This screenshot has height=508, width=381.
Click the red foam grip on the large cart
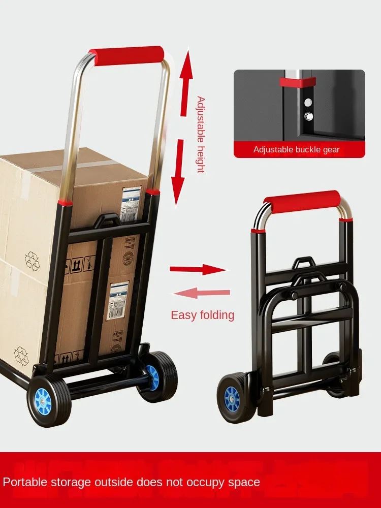(x=126, y=54)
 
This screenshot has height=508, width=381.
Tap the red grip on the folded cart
(x=302, y=201)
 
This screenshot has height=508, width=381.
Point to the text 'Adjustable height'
(x=201, y=134)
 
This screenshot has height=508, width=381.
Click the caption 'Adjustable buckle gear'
(x=296, y=149)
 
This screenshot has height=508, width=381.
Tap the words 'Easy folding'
(x=202, y=315)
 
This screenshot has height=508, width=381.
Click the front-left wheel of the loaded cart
(x=49, y=401)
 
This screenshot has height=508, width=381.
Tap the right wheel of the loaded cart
(x=158, y=377)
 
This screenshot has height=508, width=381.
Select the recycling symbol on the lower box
(x=21, y=355)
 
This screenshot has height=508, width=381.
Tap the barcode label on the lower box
(x=117, y=301)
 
